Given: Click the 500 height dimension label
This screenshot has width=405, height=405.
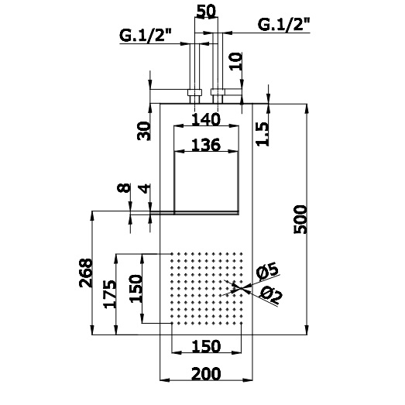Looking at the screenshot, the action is tap(300, 219).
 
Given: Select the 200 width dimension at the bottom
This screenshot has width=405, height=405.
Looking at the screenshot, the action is tap(206, 373).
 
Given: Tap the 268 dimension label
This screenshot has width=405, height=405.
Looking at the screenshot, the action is tap(86, 273).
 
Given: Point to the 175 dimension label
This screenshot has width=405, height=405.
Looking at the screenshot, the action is tap(109, 293).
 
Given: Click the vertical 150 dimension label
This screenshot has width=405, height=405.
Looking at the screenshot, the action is tap(136, 289).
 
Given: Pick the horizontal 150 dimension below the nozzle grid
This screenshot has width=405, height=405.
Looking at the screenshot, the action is tap(206, 346).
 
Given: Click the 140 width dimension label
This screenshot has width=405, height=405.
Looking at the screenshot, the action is tap(206, 119).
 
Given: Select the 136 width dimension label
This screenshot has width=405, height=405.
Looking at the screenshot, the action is tap(206, 145).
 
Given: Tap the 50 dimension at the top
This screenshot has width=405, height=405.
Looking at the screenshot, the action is tap(206, 12).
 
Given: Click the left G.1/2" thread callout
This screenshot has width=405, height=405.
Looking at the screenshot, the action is tap(146, 36).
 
